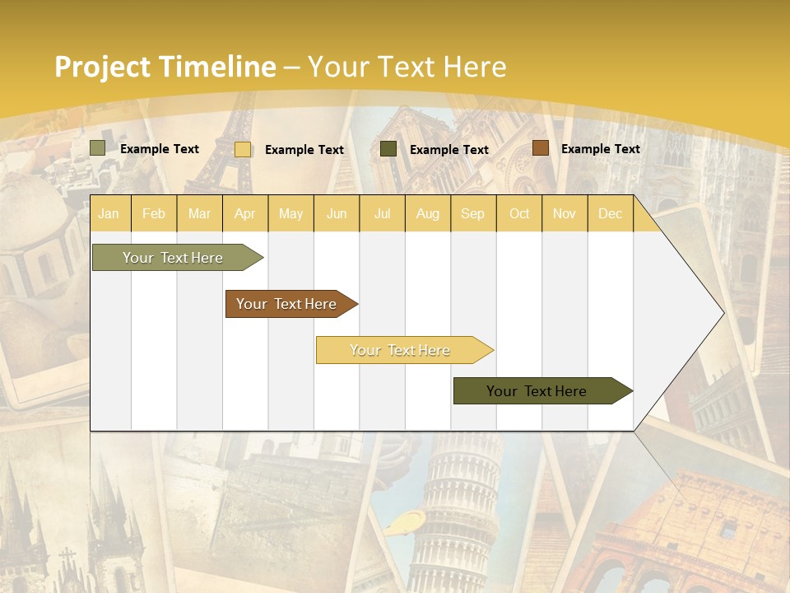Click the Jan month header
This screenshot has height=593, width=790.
(109, 214)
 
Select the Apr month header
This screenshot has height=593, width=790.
(245, 214)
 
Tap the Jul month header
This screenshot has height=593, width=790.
(383, 214)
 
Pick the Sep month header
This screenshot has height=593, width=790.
(472, 214)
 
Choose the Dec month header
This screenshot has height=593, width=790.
(610, 214)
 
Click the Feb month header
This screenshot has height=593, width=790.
(154, 214)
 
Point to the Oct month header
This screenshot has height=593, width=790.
(519, 214)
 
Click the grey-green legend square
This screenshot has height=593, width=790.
(98, 148)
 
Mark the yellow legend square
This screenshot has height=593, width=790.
(243, 149)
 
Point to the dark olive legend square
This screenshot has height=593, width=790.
(388, 149)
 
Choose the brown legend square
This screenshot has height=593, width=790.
(540, 148)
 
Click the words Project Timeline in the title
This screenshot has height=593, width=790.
(165, 67)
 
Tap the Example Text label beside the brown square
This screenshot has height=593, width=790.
(600, 149)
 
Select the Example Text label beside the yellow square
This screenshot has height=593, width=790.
(304, 150)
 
